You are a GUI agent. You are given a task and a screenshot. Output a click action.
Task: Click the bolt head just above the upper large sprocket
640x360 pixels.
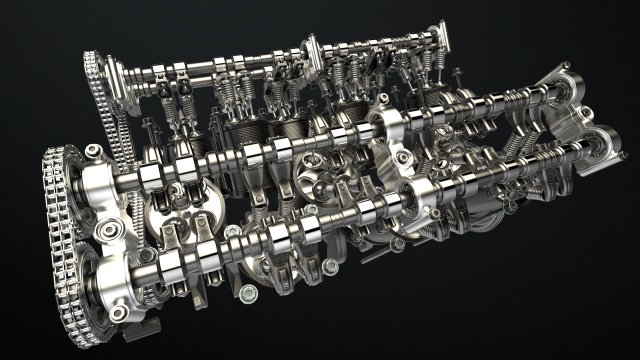93,150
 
